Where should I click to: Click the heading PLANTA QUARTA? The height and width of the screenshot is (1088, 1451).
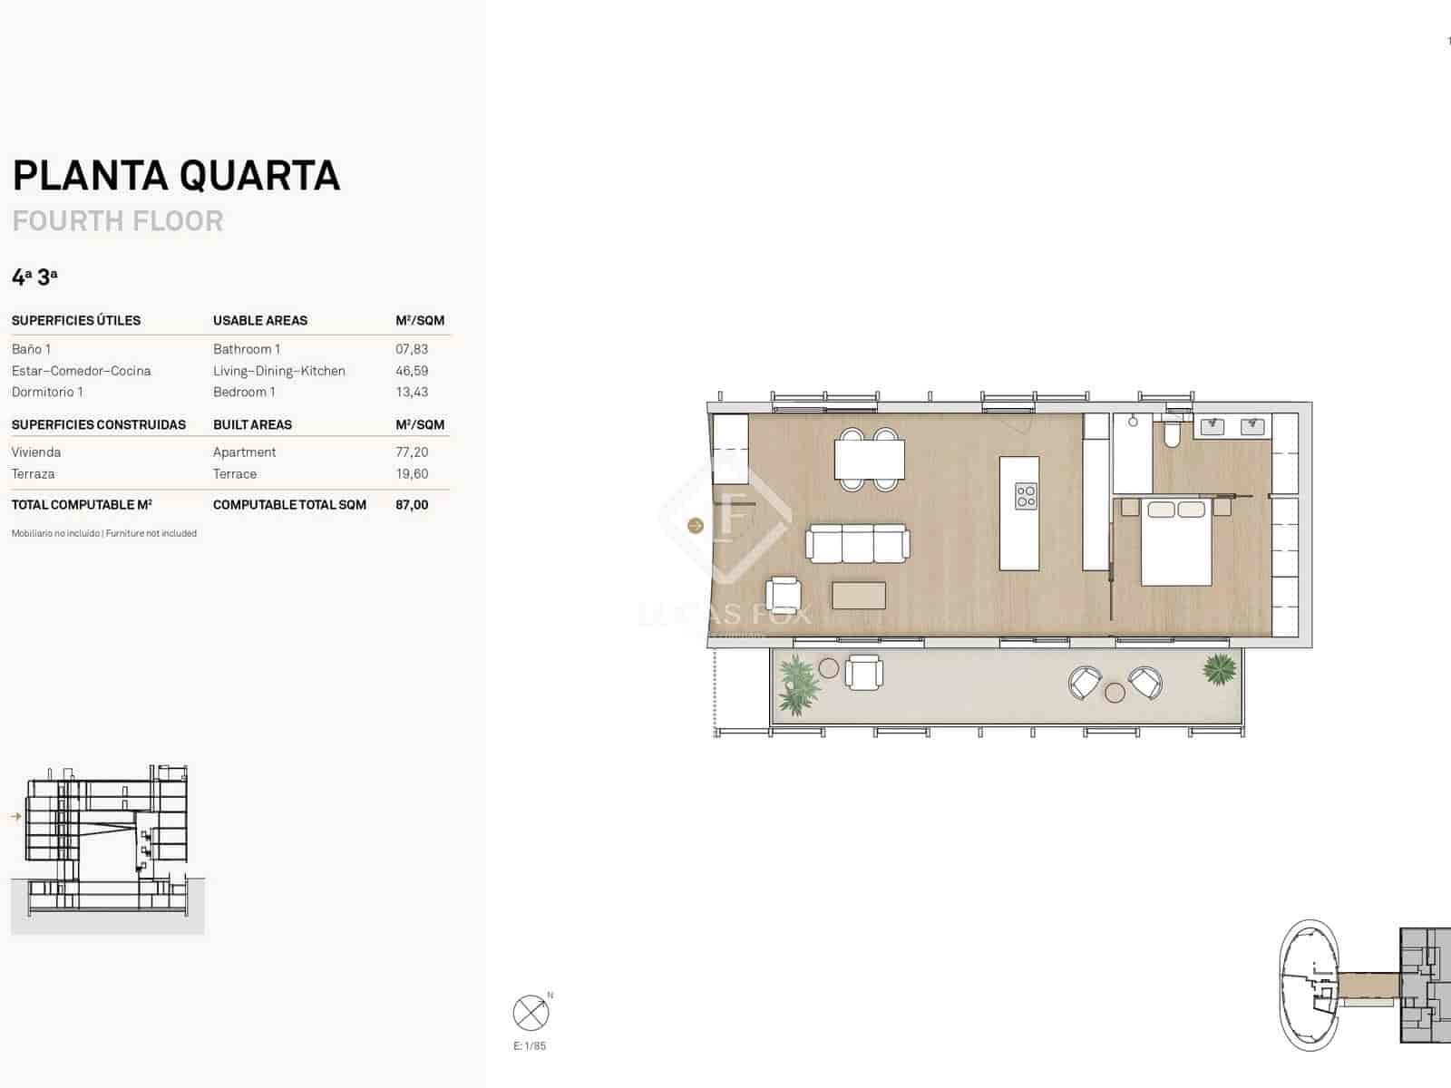176,176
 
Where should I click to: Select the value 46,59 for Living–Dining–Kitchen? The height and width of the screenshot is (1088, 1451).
412,371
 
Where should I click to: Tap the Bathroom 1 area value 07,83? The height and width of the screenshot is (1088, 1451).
412,349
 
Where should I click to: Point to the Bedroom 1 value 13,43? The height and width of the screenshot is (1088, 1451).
412,393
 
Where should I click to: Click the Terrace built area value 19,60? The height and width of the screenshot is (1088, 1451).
412,474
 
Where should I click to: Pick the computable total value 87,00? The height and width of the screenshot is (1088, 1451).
412,505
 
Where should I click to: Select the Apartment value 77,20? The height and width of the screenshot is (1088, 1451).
412,452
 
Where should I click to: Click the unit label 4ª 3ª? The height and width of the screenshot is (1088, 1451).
34,277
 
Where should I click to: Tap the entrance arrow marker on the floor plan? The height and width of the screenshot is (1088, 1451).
696,526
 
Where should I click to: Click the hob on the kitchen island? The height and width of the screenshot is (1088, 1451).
1026,496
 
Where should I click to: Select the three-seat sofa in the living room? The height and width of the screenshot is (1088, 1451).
857,543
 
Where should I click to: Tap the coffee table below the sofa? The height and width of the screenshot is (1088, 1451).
858,595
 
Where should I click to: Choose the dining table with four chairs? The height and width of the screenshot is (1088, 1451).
869,459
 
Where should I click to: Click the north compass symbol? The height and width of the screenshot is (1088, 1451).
531,1013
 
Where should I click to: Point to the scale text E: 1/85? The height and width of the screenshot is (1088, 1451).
530,1046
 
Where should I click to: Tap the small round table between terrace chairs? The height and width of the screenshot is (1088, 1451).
1115,693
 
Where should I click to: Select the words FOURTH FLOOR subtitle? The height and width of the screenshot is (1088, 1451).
118,221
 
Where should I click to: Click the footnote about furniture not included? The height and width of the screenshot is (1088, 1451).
104,533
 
